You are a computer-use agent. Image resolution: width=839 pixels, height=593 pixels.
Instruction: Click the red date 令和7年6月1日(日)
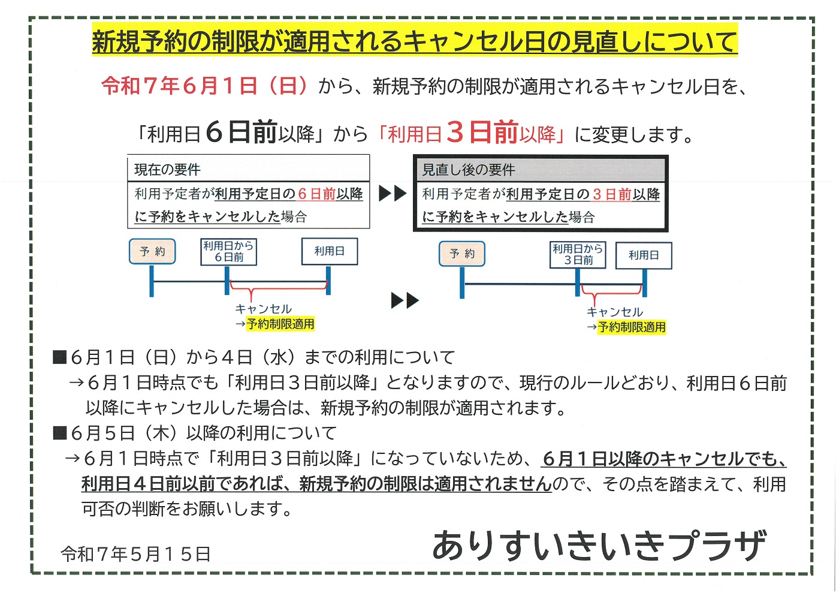click(204, 86)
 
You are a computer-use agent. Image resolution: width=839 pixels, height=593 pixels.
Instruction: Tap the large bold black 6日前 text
click(241, 133)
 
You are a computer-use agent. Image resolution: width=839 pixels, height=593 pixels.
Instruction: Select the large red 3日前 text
click(482, 133)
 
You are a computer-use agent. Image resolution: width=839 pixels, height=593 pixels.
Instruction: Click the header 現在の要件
click(167, 170)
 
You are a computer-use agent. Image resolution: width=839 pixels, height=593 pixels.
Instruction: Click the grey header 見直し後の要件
click(469, 170)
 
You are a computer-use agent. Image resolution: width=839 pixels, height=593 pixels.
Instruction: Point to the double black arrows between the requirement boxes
click(393, 194)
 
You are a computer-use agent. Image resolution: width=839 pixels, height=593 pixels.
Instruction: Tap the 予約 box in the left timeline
click(152, 251)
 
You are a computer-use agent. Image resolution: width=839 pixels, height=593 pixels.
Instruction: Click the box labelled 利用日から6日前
click(228, 252)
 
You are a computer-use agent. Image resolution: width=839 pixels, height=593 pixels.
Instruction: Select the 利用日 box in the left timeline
click(330, 251)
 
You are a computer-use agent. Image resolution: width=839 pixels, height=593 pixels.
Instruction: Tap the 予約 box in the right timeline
click(462, 254)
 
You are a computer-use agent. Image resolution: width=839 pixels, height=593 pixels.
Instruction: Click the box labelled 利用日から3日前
click(578, 255)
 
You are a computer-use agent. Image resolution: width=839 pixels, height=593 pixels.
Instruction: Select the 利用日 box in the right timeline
click(644, 255)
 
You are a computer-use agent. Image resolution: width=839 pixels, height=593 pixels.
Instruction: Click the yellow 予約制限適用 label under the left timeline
click(280, 324)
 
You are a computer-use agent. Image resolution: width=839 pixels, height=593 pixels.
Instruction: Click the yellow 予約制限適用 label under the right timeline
click(632, 327)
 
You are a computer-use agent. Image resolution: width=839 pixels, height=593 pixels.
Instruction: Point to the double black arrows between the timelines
click(405, 300)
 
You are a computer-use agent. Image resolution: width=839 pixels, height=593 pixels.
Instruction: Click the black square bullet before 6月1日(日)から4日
click(59, 357)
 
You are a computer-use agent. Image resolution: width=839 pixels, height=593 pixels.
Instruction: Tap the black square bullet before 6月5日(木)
click(59, 433)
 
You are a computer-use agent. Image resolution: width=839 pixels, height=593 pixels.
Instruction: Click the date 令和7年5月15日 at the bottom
click(135, 554)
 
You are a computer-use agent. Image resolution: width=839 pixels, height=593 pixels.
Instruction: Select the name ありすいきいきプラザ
click(600, 546)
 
